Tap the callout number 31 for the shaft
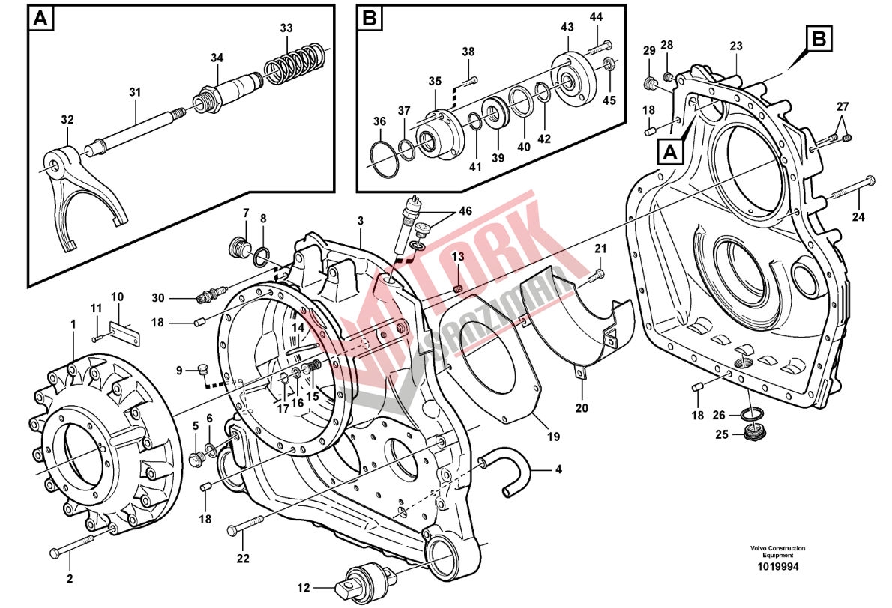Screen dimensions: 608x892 point(135,93)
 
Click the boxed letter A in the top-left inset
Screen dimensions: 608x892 point(41,19)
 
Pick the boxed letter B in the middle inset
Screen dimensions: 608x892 point(368,19)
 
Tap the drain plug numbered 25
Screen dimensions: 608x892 point(755,433)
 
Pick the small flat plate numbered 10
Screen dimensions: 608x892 point(124,332)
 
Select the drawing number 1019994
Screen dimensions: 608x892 point(777,567)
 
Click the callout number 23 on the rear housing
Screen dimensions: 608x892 point(736,46)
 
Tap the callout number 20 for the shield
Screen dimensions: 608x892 point(582,408)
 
